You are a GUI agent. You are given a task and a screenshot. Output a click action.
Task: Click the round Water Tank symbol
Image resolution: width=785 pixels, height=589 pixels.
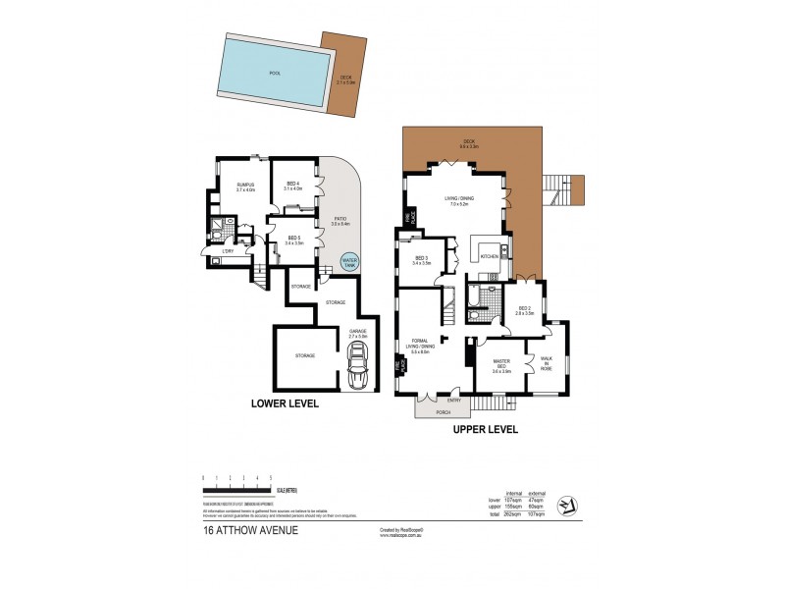(x=348, y=262)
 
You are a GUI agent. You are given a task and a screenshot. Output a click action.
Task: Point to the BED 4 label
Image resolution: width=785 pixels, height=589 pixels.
(x=293, y=185)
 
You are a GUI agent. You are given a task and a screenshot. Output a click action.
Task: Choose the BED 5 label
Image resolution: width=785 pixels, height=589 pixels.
(x=293, y=239)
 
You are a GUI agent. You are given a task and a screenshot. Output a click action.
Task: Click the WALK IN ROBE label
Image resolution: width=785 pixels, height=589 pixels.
(x=546, y=362)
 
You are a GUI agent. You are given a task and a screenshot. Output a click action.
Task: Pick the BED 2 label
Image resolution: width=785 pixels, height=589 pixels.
(x=525, y=311)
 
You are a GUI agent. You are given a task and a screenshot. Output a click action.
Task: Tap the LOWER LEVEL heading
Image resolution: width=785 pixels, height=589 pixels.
(x=285, y=403)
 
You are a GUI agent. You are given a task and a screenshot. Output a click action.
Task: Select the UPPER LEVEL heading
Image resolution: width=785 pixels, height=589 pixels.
(x=485, y=429)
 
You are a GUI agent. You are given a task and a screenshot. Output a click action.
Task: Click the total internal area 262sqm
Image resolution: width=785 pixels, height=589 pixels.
(x=513, y=513)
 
